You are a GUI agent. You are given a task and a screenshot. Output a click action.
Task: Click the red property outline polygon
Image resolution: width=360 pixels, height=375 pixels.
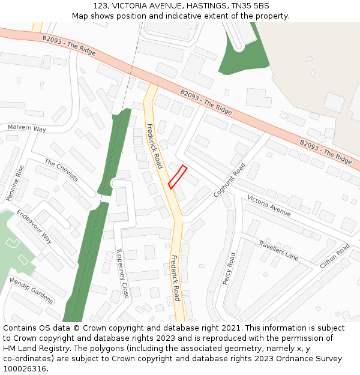tap(178, 176)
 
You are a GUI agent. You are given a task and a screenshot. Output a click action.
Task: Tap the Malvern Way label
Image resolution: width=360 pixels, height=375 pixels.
tap(26, 128)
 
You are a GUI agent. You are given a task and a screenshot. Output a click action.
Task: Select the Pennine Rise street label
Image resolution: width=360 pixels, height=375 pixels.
tap(16, 182)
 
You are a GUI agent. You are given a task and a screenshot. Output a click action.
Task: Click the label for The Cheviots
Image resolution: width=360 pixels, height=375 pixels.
tap(61, 170)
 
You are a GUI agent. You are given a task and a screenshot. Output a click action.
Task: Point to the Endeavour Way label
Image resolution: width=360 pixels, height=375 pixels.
tap(34, 226)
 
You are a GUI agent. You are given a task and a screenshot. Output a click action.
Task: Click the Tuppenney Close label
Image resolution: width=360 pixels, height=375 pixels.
tap(122, 274)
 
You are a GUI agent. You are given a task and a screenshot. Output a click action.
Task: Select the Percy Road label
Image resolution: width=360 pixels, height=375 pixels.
tap(228, 268)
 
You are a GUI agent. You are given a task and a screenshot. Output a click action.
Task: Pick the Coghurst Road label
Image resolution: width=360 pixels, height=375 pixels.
tap(229, 181)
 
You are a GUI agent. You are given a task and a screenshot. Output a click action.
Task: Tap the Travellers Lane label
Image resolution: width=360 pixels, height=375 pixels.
tap(278, 250)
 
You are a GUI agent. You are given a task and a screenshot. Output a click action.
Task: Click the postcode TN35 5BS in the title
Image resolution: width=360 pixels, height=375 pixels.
tap(253, 5)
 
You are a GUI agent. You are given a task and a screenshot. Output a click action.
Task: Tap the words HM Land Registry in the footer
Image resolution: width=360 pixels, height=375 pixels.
tap(33, 349)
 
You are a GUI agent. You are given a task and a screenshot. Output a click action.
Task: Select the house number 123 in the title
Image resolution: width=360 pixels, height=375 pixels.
tap(101, 5)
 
